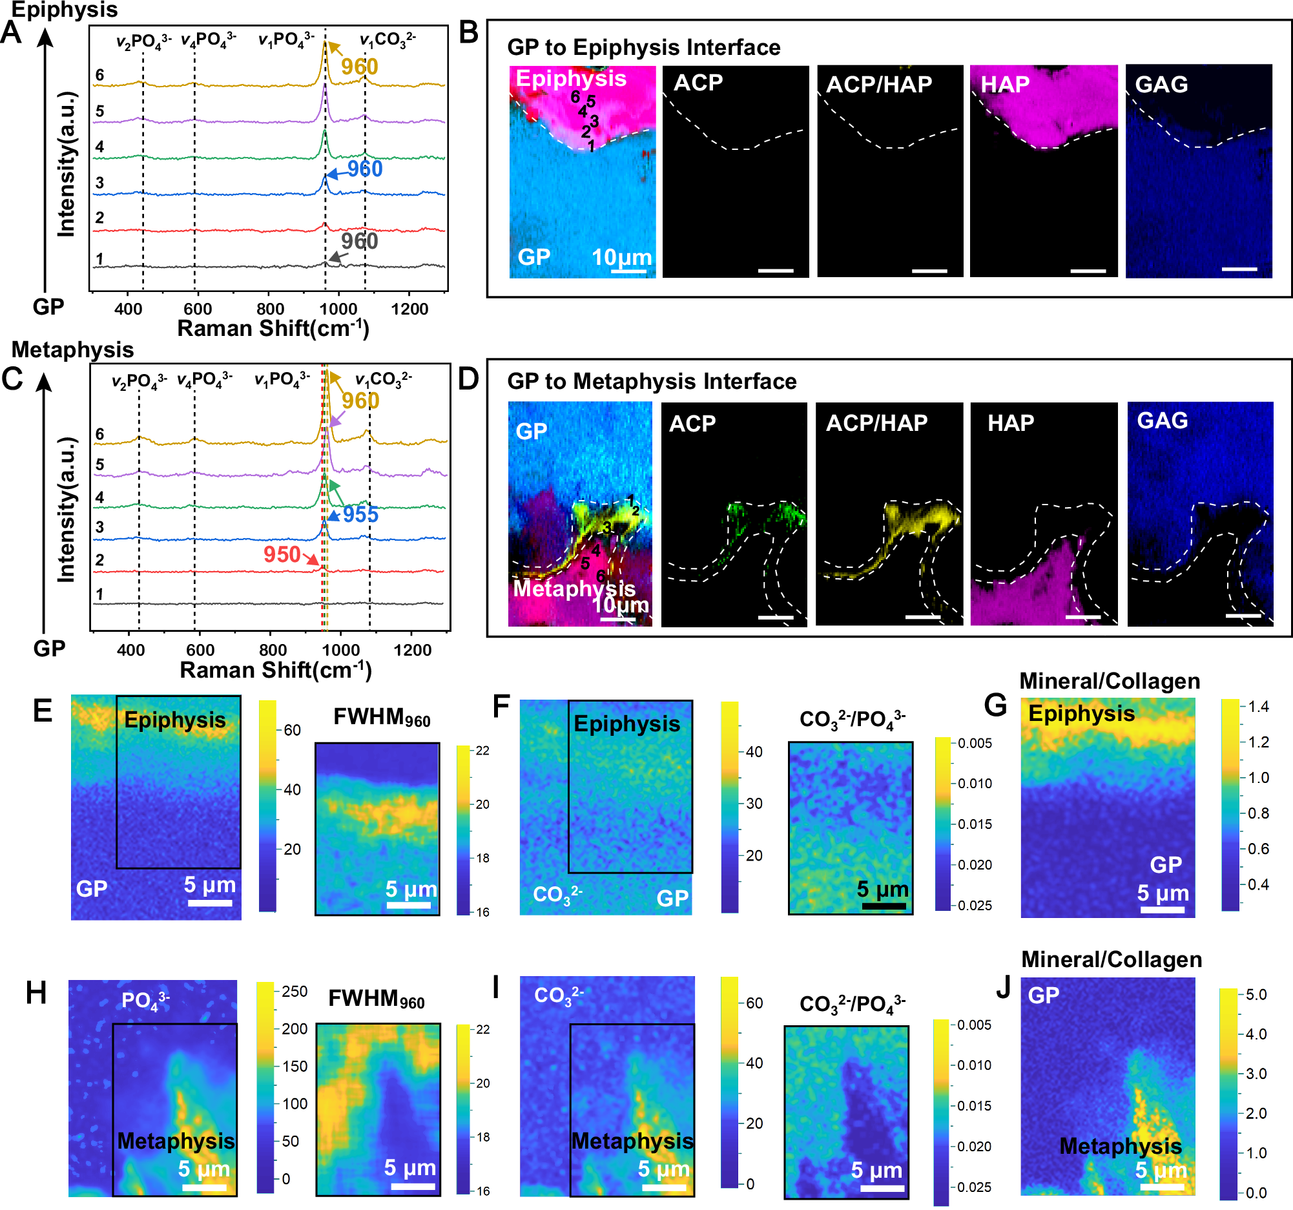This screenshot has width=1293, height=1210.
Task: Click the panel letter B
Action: (468, 32)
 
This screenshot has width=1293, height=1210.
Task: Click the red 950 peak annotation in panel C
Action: (282, 554)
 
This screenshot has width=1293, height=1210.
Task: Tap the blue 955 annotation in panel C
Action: (360, 515)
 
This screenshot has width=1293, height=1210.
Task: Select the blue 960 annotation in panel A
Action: (364, 169)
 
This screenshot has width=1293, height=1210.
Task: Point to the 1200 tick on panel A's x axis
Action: (409, 309)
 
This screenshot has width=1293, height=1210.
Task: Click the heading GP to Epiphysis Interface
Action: (643, 48)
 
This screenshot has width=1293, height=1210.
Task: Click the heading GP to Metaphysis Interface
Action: (652, 381)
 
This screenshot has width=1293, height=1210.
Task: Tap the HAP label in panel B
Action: (1005, 84)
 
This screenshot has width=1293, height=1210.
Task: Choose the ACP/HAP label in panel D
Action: (876, 423)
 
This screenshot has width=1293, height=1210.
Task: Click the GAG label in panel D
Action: (1163, 421)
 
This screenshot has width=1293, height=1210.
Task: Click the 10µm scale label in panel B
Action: (622, 257)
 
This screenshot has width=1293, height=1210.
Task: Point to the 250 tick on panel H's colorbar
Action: (295, 992)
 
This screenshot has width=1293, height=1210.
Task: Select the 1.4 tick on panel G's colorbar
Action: (1258, 707)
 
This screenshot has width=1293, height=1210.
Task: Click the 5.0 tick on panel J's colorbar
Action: (1256, 994)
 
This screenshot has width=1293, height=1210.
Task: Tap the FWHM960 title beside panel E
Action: (382, 717)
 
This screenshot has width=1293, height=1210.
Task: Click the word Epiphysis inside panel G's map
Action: (1081, 714)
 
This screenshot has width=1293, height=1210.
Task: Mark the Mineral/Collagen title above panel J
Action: (1111, 959)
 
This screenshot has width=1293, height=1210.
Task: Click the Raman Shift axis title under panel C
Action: (275, 670)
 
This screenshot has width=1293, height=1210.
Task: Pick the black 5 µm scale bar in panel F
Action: (884, 906)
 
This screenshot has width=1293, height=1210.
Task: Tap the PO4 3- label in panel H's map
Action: (146, 1000)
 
